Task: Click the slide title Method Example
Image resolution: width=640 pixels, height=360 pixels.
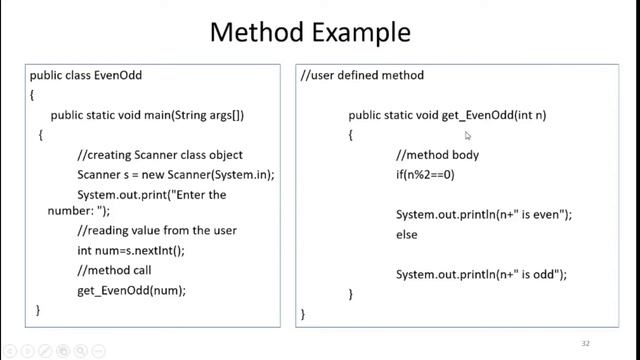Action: pyautogui.click(x=309, y=32)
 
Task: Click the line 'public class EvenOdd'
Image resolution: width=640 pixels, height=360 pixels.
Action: pyautogui.click(x=85, y=75)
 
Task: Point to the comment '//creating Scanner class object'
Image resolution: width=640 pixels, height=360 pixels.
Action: pyautogui.click(x=159, y=154)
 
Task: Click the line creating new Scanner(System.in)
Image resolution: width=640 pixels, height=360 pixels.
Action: pyautogui.click(x=175, y=173)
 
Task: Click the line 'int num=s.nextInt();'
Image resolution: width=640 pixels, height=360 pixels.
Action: pyautogui.click(x=131, y=251)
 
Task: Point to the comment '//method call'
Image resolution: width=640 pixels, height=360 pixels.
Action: pyautogui.click(x=114, y=270)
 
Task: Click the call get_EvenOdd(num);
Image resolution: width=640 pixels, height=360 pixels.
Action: pyautogui.click(x=131, y=290)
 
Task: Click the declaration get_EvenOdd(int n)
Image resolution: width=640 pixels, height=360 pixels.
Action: pyautogui.click(x=447, y=115)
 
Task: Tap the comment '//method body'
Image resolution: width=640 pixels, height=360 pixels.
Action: pyautogui.click(x=437, y=155)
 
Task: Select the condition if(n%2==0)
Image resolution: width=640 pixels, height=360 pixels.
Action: pyautogui.click(x=425, y=174)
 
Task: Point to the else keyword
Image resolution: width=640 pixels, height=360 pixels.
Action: pyautogui.click(x=406, y=234)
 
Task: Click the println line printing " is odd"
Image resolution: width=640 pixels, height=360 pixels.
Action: pyautogui.click(x=481, y=274)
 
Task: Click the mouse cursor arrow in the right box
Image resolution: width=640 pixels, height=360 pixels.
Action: pyautogui.click(x=468, y=135)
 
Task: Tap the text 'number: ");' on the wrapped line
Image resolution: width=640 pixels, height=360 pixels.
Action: pyautogui.click(x=79, y=212)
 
